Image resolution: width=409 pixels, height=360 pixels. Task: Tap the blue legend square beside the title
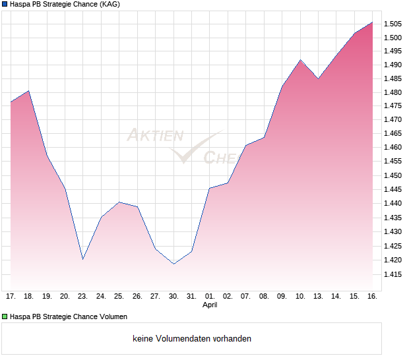tap(5, 5)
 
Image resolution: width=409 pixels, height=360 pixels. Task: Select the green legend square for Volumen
tap(5, 316)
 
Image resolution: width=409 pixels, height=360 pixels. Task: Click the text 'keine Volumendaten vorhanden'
tap(192, 339)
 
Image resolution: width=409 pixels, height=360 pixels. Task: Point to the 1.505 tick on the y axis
tap(393, 24)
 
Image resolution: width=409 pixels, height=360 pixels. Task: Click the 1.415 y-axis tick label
tap(393, 274)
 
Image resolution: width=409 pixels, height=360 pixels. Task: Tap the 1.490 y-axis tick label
tap(393, 65)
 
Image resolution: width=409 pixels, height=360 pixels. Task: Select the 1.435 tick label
tap(393, 218)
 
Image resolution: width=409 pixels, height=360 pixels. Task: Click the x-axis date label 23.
tap(82, 297)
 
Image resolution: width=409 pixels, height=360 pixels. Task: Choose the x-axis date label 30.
tap(173, 297)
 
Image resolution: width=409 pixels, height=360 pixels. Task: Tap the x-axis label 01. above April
tap(210, 297)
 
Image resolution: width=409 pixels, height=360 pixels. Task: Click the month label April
tap(210, 305)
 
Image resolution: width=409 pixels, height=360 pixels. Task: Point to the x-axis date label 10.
tap(300, 297)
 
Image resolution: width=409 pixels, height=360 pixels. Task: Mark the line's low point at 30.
tap(173, 264)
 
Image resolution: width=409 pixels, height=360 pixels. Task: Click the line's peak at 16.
tap(372, 22)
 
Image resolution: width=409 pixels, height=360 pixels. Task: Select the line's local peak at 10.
tap(300, 60)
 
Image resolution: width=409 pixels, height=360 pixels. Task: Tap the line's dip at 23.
tap(82, 259)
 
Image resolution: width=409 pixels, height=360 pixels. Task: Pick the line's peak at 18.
tap(29, 91)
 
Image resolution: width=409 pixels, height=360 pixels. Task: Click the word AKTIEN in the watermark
tap(155, 135)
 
